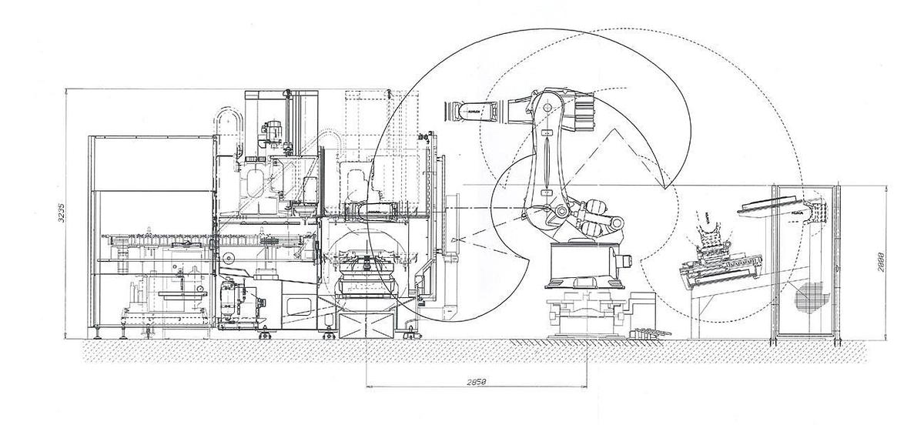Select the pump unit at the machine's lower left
(x=229, y=296)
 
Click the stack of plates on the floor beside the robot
(x=645, y=333)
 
